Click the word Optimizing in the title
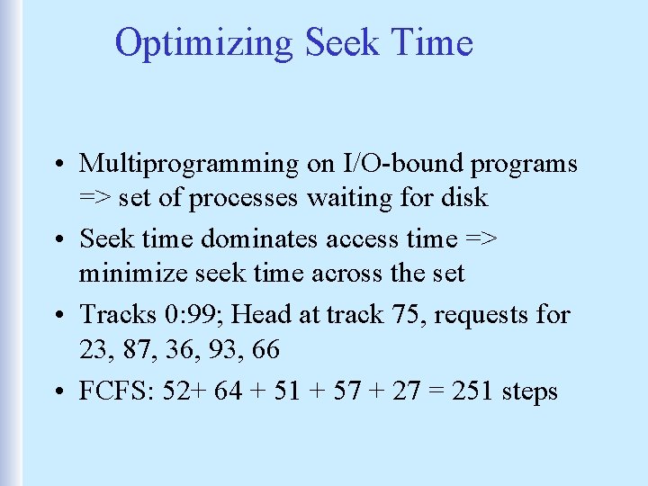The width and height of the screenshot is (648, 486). [x=204, y=42]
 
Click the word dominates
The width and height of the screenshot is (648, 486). [x=265, y=239]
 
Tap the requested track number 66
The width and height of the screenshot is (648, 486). [x=262, y=347]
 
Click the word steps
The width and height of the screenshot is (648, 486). [x=532, y=391]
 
